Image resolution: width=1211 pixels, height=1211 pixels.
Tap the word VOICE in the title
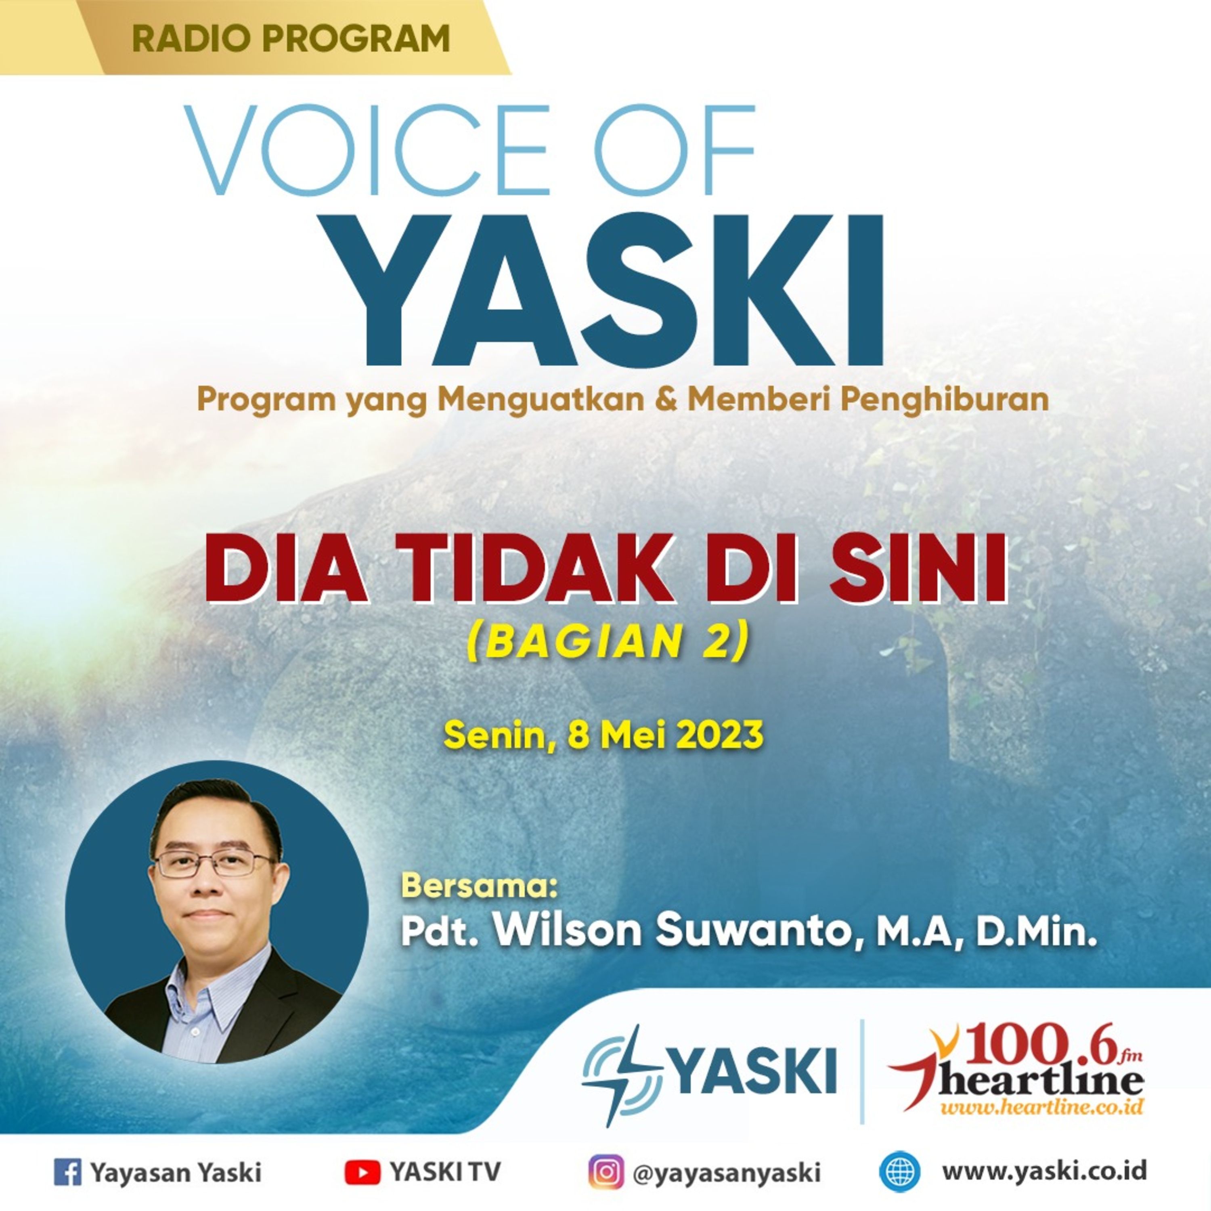tap(367, 151)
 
